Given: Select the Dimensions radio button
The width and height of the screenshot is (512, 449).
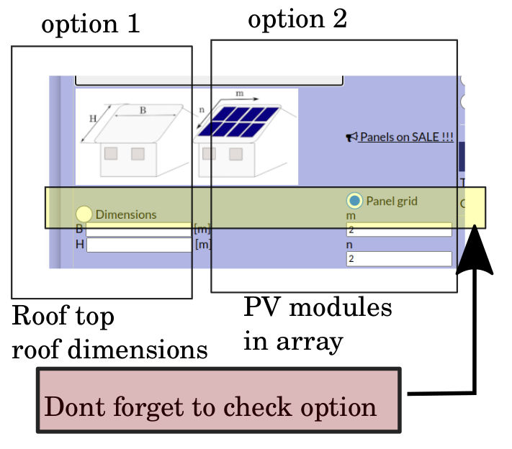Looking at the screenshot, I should click(84, 214).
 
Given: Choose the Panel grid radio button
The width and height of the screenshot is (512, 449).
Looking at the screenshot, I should click(354, 201).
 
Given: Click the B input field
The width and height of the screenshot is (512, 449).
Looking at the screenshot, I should click(138, 230).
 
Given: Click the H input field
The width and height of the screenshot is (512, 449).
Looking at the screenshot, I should click(138, 245).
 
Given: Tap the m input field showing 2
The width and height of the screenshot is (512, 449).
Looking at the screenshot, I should click(399, 230).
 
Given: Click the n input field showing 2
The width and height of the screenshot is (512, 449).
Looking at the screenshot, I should click(399, 258).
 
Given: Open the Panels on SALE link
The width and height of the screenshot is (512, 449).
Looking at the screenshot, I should click(406, 137).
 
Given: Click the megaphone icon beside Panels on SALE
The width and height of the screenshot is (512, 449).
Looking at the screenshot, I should click(351, 137).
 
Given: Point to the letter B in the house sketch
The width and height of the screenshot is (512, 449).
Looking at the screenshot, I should click(143, 110).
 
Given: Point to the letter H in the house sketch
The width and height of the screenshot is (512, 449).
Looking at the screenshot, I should click(92, 118).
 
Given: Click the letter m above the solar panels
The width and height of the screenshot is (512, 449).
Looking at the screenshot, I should click(240, 94).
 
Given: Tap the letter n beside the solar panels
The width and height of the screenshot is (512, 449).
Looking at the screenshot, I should click(202, 110).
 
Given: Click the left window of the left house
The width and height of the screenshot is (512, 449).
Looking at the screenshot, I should click(111, 153).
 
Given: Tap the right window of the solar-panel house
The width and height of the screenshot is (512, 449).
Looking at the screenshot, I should click(235, 153).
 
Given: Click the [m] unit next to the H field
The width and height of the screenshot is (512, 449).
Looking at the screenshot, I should click(203, 245).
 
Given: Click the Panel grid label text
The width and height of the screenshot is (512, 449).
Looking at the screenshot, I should click(392, 201).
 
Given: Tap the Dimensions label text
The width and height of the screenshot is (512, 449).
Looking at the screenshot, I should click(126, 214).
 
